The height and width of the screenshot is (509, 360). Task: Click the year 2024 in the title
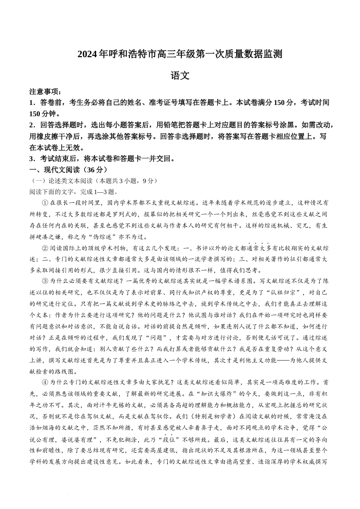[x=88, y=54]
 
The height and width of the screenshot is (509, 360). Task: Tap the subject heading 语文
[x=180, y=76]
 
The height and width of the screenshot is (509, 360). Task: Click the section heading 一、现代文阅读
[x=53, y=170]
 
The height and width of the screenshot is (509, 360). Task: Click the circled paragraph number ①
[x=45, y=203]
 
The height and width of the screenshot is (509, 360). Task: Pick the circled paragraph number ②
[x=45, y=248]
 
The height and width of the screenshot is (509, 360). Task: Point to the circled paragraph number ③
[x=45, y=281]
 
